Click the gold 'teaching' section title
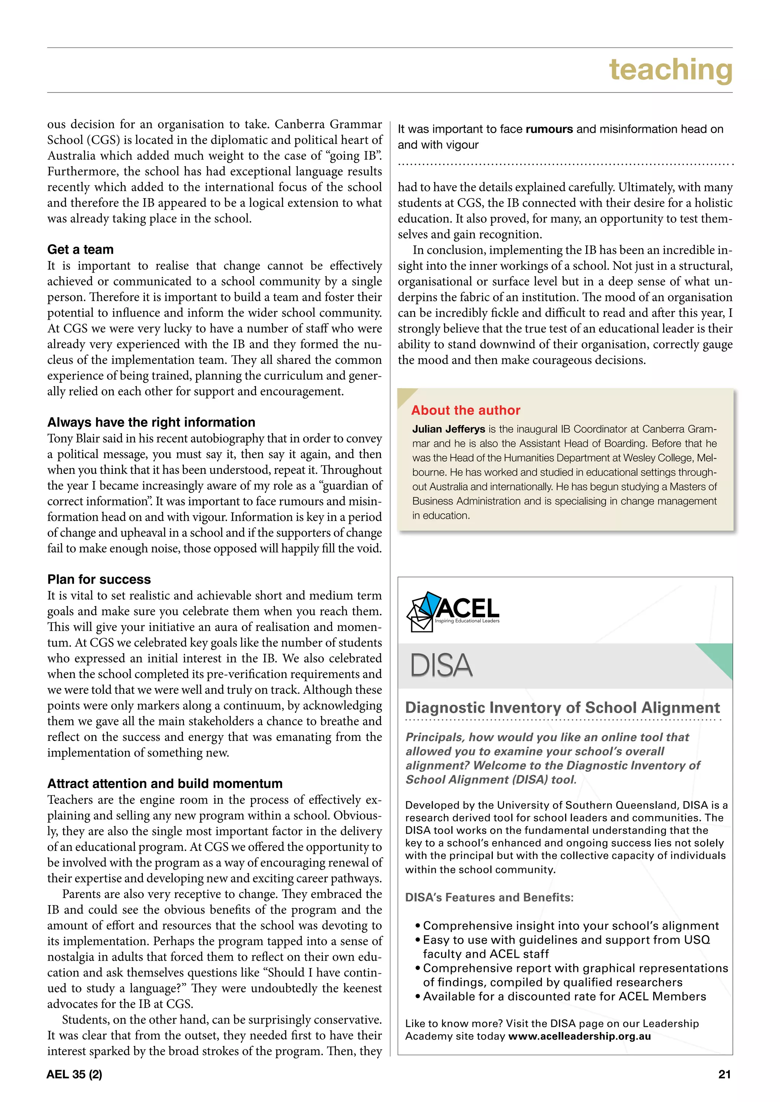670,70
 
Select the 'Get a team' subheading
80,250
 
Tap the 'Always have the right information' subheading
151,422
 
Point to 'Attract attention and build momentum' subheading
165,784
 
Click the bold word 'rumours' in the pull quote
549,129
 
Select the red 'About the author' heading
465,410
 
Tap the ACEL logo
453,611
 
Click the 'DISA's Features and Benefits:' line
489,898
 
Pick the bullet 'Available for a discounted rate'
564,997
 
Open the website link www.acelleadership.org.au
579,1036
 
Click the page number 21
724,1075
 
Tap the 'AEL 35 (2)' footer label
74,1075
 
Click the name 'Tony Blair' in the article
72,439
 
